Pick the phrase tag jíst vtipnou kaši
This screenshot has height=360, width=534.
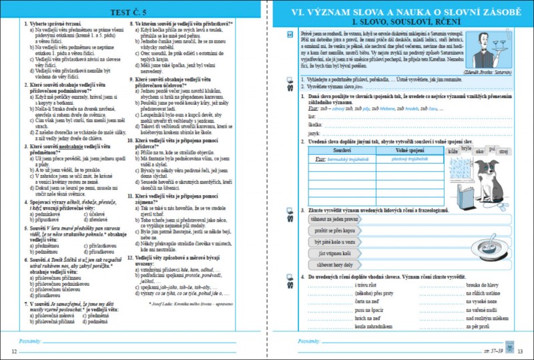[x=332, y=253]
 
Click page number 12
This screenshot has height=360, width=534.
[x=14, y=351]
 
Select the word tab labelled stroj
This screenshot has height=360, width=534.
[x=503, y=152]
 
